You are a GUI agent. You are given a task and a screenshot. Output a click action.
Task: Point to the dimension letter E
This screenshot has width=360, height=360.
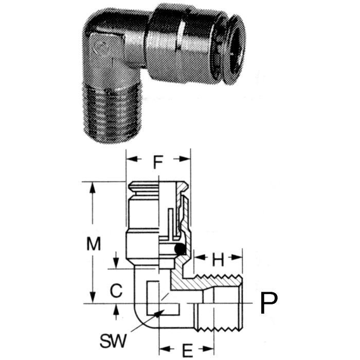(188, 350)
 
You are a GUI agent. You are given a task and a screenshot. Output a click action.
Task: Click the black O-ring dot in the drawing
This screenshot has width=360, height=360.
(179, 249)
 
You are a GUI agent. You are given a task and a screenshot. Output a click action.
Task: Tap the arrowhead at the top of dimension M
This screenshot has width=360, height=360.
(93, 186)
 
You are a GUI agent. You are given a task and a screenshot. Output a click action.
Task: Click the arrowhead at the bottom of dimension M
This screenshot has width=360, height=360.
(93, 299)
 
